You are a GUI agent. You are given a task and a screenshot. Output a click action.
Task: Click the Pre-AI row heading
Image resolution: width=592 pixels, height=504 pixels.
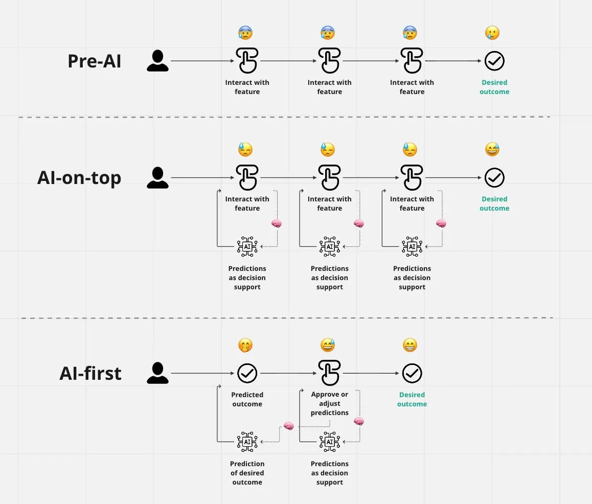click(x=95, y=61)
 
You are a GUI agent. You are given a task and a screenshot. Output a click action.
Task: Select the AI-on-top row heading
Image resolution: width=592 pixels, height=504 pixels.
click(x=79, y=177)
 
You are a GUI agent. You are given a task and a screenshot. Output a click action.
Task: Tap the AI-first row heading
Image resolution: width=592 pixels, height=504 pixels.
click(x=90, y=373)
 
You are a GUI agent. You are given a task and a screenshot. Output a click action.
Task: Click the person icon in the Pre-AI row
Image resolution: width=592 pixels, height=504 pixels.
click(x=157, y=61)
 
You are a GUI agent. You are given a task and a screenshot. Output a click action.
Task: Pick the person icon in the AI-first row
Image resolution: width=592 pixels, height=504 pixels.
click(x=157, y=373)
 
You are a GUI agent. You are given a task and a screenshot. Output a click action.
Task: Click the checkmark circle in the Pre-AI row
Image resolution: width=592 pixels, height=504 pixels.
click(x=494, y=61)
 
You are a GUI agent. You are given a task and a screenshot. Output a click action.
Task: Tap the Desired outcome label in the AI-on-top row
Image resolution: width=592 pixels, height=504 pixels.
click(x=494, y=203)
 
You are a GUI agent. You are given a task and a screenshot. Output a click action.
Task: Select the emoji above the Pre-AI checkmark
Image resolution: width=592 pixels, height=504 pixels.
click(x=492, y=33)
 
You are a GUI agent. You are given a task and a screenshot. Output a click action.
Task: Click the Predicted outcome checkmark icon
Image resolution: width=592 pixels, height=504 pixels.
click(x=247, y=374)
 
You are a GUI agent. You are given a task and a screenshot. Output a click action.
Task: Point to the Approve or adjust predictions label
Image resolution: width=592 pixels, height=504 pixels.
click(x=330, y=403)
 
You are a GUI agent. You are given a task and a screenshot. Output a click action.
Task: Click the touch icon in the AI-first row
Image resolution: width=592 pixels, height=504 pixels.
click(x=329, y=373)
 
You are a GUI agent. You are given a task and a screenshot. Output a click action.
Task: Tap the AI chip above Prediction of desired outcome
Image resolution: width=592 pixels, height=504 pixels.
click(x=247, y=442)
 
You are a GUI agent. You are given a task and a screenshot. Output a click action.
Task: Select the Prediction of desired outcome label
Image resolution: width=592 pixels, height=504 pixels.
click(x=247, y=473)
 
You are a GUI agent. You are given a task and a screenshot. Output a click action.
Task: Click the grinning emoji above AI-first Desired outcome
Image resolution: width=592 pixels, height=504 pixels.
click(x=410, y=346)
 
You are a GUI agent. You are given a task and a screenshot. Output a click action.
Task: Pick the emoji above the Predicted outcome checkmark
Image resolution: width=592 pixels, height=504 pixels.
click(x=245, y=346)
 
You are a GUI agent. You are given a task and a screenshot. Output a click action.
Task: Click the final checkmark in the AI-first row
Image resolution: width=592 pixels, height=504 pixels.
click(x=412, y=374)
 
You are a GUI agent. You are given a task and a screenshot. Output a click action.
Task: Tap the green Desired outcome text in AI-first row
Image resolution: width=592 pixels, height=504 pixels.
click(x=412, y=399)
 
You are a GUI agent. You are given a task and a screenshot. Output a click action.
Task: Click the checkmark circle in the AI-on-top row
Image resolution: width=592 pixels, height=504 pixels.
click(x=494, y=178)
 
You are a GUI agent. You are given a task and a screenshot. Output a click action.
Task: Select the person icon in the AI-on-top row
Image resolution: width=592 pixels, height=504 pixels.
click(x=157, y=177)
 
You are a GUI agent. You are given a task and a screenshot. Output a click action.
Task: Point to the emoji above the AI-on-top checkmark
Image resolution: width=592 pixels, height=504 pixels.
click(x=492, y=150)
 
